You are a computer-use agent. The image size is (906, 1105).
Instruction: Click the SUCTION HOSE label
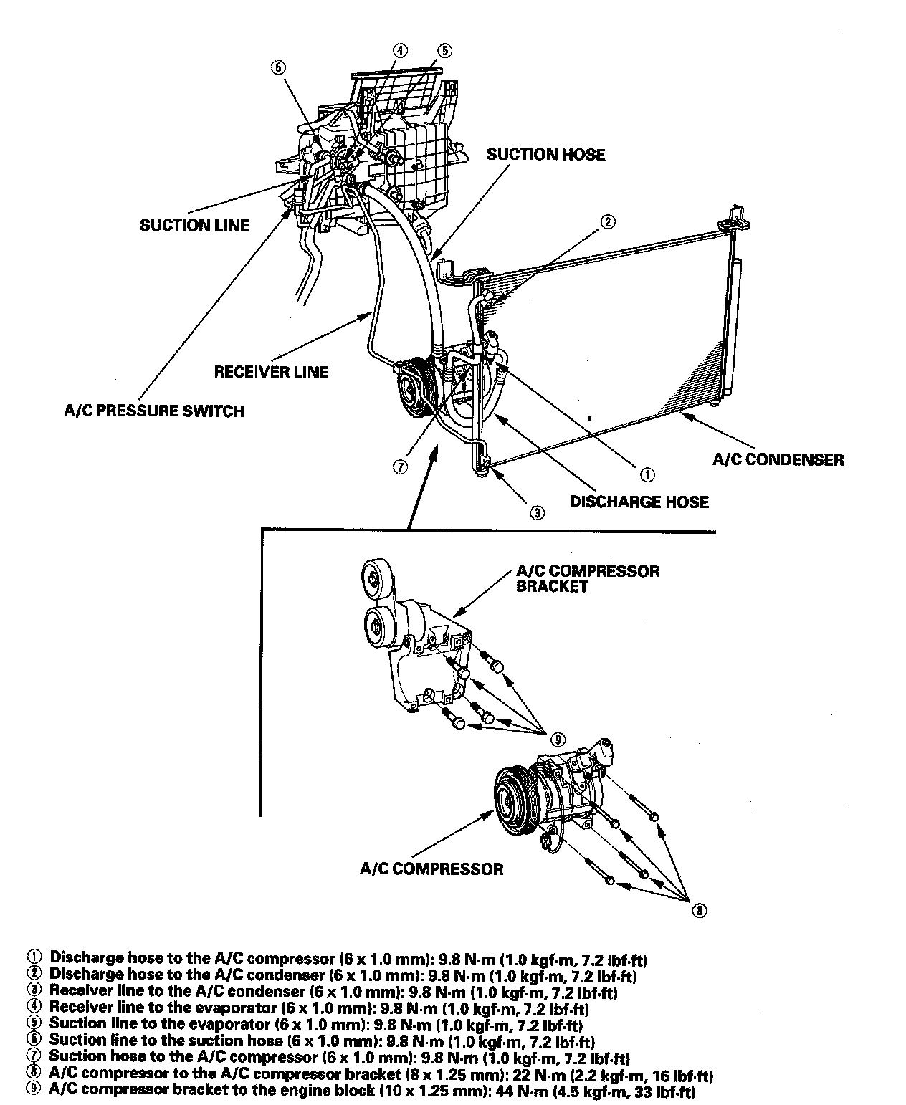point(545,154)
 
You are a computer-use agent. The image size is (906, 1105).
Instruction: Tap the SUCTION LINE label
point(194,225)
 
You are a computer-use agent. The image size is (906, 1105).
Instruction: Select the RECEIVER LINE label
point(271,372)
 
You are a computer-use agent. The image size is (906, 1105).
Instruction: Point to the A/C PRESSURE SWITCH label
point(154,411)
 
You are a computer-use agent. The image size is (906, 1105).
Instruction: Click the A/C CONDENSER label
point(778,459)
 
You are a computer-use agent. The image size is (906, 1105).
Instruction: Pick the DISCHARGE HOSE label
point(639,502)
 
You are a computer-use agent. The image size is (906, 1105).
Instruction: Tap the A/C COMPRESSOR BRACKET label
point(588,578)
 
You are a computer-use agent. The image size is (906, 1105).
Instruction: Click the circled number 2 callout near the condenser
point(606,221)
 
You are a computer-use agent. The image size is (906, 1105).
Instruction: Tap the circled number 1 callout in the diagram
point(646,474)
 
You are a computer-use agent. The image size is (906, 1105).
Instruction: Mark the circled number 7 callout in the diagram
point(400,467)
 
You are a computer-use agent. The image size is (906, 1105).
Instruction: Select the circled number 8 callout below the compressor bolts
point(699,911)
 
